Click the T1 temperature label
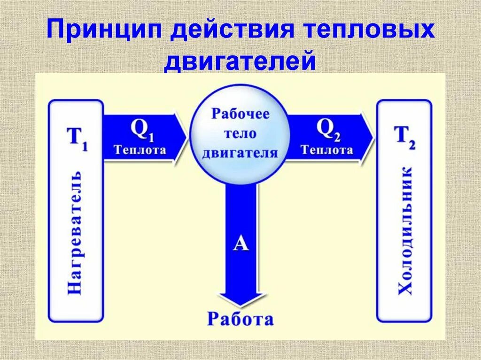pyautogui.click(x=78, y=138)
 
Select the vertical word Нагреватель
pyautogui.click(x=75, y=232)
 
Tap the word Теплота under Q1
pyautogui.click(x=140, y=150)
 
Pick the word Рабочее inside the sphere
pyautogui.click(x=240, y=114)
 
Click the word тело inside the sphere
pyautogui.click(x=240, y=133)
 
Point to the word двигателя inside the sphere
pyautogui.click(x=240, y=153)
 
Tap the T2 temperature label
pyautogui.click(x=404, y=137)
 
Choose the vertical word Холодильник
pyautogui.click(x=405, y=230)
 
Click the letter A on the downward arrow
pyautogui.click(x=240, y=244)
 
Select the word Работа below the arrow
pyautogui.click(x=240, y=319)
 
